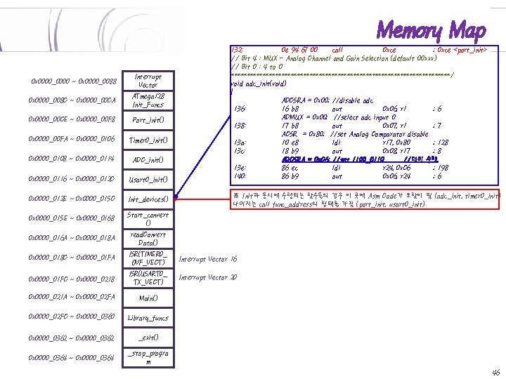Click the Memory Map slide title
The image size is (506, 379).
point(431,30)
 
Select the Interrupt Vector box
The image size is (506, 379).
point(148,80)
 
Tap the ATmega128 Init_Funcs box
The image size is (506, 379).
point(148,100)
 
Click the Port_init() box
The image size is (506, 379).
point(148,120)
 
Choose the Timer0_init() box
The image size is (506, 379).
point(148,140)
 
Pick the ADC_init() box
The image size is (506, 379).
point(148,160)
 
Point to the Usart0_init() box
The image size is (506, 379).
point(148,180)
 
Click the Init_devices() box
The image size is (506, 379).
point(148,199)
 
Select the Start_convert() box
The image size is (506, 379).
point(148,219)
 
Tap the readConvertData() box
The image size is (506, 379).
point(148,239)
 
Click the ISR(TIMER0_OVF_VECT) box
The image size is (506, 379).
point(148,258)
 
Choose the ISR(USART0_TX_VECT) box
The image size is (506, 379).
point(148,278)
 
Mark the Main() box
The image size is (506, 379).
point(148,298)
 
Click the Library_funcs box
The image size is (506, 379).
point(148,318)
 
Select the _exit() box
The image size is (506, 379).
point(148,338)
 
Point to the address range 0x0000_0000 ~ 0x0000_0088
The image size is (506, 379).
point(69,81)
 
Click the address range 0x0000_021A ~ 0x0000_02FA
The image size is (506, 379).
point(69,298)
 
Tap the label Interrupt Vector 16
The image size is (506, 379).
point(208,259)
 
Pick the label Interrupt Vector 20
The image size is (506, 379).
point(208,278)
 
